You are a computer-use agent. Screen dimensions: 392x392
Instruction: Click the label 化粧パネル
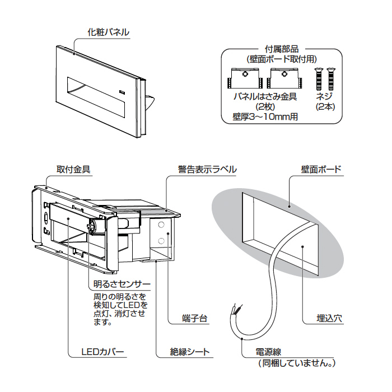click(x=109, y=32)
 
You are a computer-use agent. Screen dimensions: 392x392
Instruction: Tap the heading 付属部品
click(x=281, y=49)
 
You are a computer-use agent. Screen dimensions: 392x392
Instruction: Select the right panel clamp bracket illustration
click(x=284, y=79)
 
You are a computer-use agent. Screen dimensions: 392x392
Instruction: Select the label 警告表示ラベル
click(x=207, y=169)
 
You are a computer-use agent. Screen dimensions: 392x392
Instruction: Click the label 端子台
click(x=195, y=319)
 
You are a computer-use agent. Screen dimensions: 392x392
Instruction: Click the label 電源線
click(x=268, y=352)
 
